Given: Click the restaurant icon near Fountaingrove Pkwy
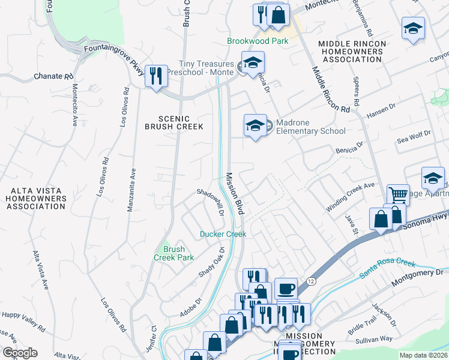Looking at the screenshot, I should point(156,76).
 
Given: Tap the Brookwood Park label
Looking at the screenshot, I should point(258,41).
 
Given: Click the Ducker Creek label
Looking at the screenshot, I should point(223,233).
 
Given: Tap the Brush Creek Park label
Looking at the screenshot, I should point(175,253).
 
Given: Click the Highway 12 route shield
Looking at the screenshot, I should point(310,281).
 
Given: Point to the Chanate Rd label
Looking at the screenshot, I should point(53,76).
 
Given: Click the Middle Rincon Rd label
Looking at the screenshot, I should point(330,90).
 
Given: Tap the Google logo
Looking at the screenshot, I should point(20,353).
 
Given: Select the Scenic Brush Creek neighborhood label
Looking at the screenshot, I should point(174,122).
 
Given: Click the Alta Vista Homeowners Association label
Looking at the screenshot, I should point(35,198).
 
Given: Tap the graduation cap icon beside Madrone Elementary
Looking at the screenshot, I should point(255,125).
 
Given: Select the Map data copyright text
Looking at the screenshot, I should point(423,355).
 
